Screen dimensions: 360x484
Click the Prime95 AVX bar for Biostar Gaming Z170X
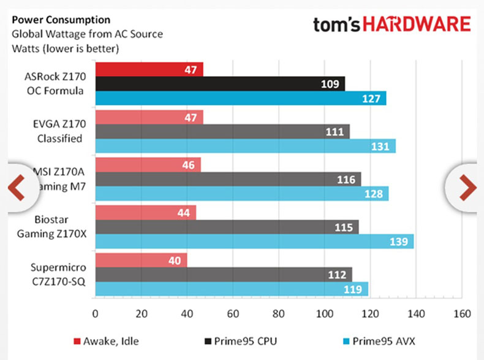pos(254,242)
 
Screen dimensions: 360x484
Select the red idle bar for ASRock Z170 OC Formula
pos(149,69)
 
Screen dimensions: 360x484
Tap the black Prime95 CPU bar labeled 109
pos(220,83)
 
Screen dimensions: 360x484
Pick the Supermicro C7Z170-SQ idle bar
pos(141,260)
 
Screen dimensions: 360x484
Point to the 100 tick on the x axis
pos(324,313)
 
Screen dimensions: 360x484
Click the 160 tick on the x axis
pos(461,313)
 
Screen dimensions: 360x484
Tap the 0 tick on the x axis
pos(95,313)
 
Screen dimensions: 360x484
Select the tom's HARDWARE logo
pos(392,25)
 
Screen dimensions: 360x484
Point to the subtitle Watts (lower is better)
pos(66,48)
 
